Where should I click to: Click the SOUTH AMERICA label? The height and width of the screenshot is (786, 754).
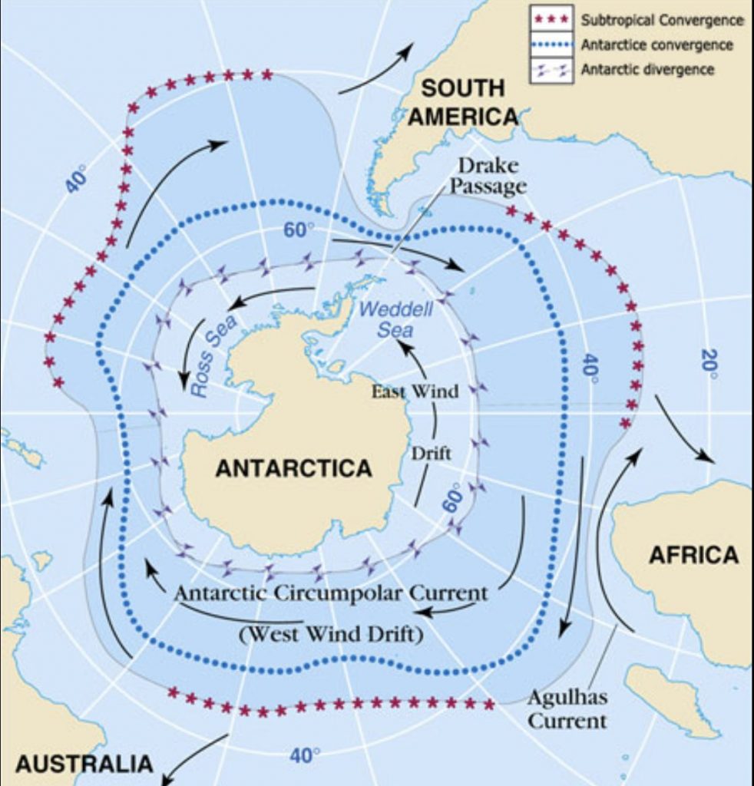pyautogui.click(x=462, y=102)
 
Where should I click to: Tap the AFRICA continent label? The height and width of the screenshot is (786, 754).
pyautogui.click(x=693, y=554)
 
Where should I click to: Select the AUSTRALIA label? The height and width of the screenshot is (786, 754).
pyautogui.click(x=84, y=764)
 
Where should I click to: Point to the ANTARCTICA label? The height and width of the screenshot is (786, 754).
pyautogui.click(x=293, y=468)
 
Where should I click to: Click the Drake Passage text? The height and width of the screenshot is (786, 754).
pyautogui.click(x=488, y=176)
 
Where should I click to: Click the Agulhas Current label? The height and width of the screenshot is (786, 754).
pyautogui.click(x=567, y=709)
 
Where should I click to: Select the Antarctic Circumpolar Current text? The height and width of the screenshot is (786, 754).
pyautogui.click(x=330, y=593)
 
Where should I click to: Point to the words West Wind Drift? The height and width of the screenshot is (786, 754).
pyautogui.click(x=331, y=636)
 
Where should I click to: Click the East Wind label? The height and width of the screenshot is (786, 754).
pyautogui.click(x=415, y=391)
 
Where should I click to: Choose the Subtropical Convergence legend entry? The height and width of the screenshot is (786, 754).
pyautogui.click(x=662, y=20)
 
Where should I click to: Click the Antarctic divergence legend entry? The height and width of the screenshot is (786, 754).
pyautogui.click(x=647, y=70)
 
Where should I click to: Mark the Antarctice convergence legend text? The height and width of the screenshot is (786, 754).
pyautogui.click(x=656, y=45)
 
